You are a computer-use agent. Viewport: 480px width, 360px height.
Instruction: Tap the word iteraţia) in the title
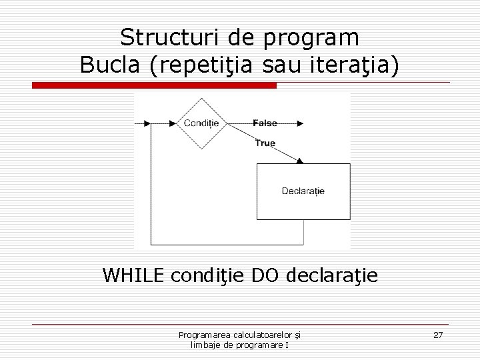358,65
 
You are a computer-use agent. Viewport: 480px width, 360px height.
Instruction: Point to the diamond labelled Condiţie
202,123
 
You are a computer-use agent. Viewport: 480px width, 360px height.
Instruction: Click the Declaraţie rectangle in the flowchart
303,191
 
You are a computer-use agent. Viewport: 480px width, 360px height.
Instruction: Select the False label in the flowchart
265,123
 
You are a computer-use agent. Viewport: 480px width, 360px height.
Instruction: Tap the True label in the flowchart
265,143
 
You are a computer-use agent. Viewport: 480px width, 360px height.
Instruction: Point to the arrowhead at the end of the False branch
300,123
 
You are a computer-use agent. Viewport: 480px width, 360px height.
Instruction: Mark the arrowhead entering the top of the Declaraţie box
300,160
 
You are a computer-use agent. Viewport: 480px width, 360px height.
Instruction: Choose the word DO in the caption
265,275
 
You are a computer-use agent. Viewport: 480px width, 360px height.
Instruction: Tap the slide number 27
438,335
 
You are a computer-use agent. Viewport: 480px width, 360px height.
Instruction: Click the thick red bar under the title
155,86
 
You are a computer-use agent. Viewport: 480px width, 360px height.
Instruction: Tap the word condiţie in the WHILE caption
207,275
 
